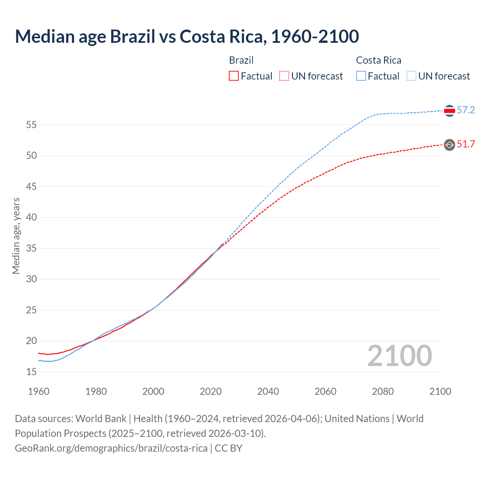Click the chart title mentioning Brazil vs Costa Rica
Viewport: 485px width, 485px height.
point(187,36)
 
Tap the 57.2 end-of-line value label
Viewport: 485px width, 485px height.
point(466,110)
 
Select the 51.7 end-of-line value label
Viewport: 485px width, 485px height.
point(466,144)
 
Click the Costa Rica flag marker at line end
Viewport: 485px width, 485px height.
point(449,111)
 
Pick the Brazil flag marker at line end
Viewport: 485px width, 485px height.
point(449,144)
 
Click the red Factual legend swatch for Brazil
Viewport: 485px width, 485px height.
point(234,76)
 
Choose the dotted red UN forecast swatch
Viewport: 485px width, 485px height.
point(284,76)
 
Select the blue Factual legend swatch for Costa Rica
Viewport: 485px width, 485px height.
point(361,76)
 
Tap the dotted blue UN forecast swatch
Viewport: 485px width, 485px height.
point(411,76)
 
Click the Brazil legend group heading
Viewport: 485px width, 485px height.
point(241,60)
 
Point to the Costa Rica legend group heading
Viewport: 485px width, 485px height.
point(379,60)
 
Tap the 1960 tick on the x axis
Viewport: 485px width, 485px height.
point(39,391)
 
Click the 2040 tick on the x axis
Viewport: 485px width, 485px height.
point(268,391)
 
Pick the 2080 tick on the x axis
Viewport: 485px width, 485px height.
point(383,391)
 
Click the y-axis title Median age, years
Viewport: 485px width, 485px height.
point(16,236)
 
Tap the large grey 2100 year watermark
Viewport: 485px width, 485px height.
point(399,356)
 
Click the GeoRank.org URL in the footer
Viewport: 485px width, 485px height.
point(111,448)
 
